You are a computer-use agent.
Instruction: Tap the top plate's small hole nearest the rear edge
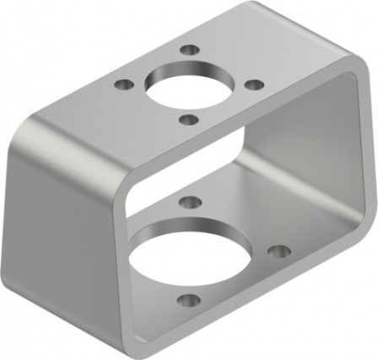190,51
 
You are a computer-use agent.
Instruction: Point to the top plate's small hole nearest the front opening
189,120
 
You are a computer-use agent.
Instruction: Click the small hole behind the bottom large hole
191,201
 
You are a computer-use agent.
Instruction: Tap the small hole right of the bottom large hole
278,250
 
